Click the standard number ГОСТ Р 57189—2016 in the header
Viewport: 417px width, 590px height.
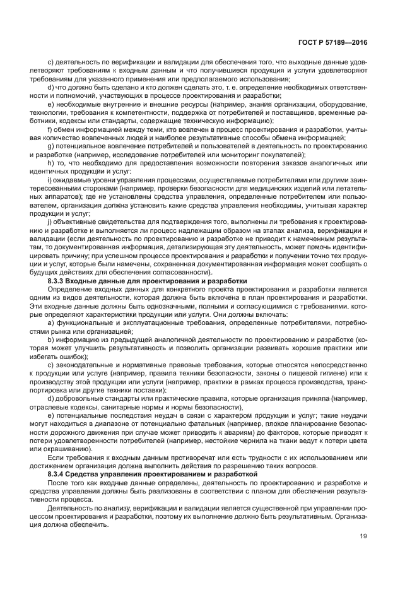(x=334, y=42)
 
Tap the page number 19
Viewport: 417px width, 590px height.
(x=363, y=537)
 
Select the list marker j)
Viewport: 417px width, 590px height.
(x=50, y=221)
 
